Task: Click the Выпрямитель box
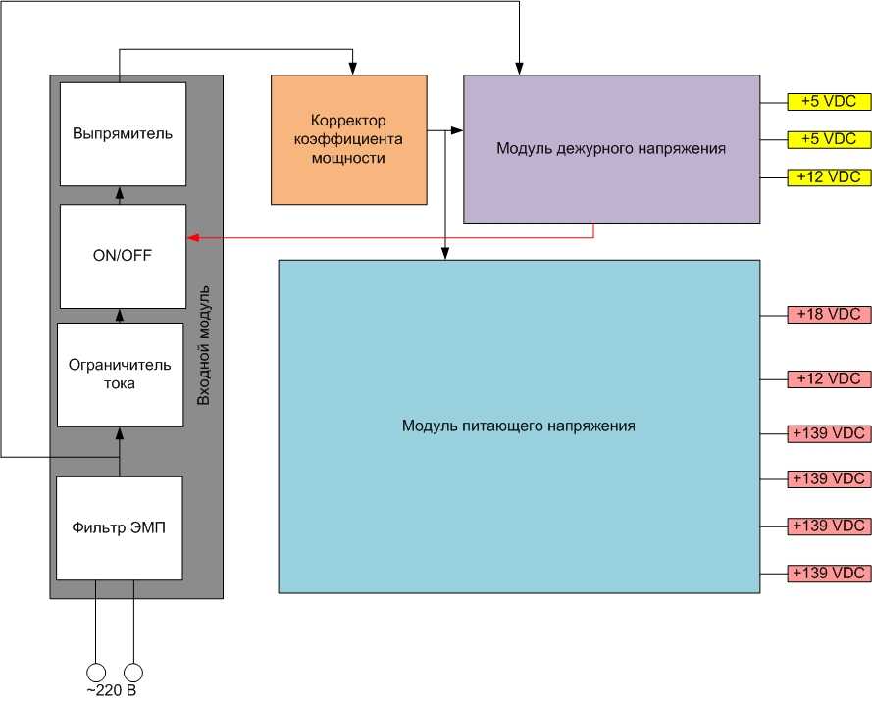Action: pos(123,133)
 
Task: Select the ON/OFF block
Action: pos(123,256)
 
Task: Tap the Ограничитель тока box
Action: pos(120,374)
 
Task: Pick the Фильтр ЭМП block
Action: pos(119,527)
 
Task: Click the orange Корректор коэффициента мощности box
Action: pos(348,138)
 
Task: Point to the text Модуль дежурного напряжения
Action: pos(610,149)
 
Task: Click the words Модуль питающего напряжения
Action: pos(518,426)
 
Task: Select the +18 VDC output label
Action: pos(829,315)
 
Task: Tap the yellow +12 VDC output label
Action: pos(829,177)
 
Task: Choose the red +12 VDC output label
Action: pos(829,378)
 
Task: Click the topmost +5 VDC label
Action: pos(829,101)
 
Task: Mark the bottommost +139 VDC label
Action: pos(829,573)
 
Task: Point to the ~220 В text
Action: pos(110,691)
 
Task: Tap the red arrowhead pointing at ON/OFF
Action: pos(192,237)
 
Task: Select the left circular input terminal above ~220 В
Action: pos(96,673)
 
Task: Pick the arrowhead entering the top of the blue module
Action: pos(445,254)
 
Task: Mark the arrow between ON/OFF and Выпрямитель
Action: pos(120,194)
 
